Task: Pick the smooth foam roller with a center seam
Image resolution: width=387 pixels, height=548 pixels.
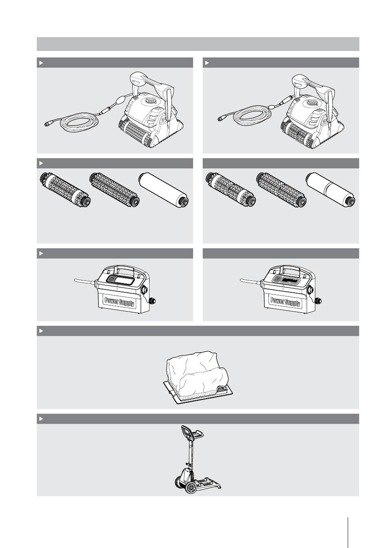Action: click(330, 190)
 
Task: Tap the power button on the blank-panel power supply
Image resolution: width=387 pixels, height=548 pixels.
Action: click(111, 278)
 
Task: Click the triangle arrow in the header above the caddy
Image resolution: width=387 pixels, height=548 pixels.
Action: click(41, 419)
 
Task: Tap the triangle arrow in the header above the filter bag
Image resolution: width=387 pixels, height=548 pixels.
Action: click(41, 331)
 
